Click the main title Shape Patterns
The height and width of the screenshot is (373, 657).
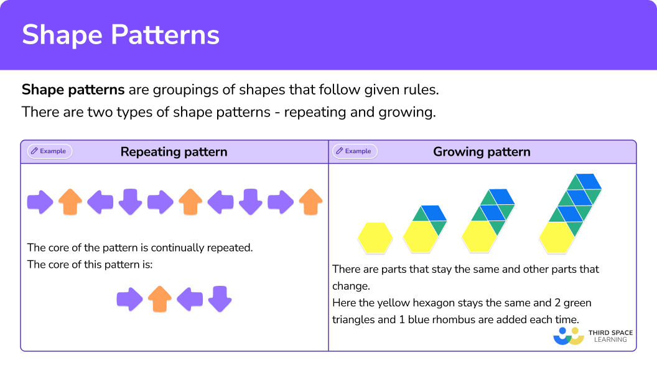tap(121, 35)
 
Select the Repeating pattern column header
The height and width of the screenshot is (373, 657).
tap(174, 152)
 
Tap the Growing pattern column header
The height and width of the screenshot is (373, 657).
tap(482, 152)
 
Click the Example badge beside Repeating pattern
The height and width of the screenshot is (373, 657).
tap(50, 151)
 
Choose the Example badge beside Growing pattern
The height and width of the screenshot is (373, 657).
tap(355, 151)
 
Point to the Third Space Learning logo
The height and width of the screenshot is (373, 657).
tap(592, 337)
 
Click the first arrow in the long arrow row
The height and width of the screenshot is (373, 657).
tap(40, 202)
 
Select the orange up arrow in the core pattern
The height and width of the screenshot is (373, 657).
tap(160, 299)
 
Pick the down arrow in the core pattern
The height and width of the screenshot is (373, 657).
tap(220, 299)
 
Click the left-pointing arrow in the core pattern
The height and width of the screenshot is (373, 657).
tap(190, 299)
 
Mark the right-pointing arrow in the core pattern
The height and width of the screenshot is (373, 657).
tap(130, 299)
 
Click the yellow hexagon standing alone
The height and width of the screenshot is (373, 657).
tap(375, 238)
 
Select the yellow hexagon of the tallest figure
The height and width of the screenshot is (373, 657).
tap(557, 237)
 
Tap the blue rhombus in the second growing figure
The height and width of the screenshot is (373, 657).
tap(434, 213)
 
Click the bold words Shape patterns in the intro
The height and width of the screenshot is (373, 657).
tap(73, 90)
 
